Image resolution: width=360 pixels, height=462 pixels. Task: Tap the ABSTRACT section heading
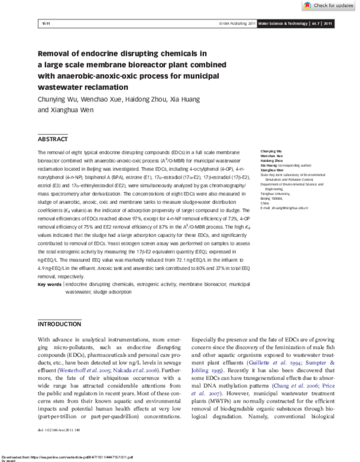coord(53,139)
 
